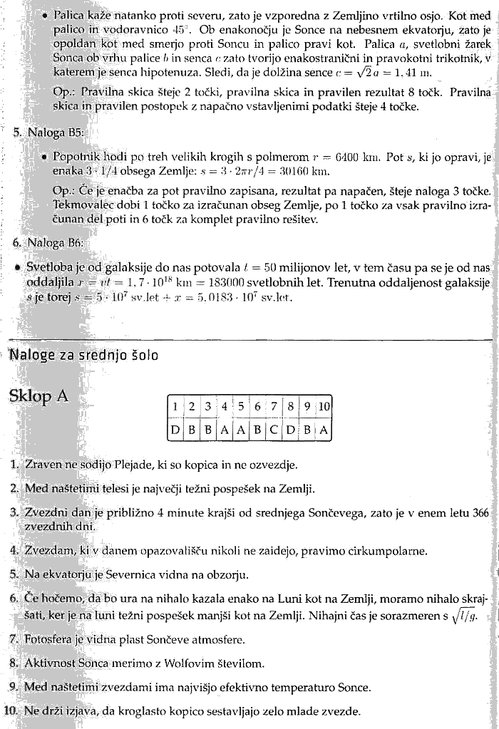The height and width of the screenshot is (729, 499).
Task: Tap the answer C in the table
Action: click(274, 430)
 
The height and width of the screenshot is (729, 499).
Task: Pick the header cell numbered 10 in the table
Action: click(324, 406)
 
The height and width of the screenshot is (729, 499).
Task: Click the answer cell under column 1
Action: click(174, 430)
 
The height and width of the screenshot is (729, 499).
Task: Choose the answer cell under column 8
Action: click(291, 430)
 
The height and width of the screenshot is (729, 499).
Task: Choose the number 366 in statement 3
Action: click(482, 512)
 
